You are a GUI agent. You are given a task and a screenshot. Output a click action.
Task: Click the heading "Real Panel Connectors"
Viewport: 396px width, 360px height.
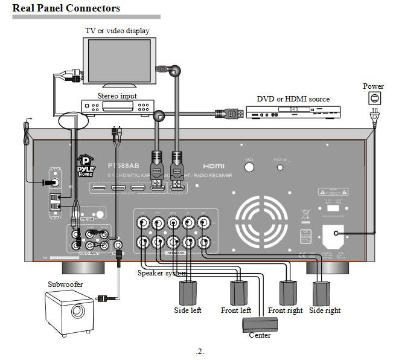point(66,8)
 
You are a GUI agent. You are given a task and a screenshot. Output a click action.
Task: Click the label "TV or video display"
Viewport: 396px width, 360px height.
point(117,31)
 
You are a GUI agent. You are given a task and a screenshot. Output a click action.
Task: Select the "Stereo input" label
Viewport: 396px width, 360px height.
point(117,96)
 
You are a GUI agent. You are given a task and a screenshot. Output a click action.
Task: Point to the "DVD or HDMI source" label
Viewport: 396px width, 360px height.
point(293,99)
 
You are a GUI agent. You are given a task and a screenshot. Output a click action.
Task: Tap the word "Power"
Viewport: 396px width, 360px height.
point(373,86)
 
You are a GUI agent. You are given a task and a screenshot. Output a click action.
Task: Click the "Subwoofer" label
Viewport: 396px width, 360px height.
point(66,284)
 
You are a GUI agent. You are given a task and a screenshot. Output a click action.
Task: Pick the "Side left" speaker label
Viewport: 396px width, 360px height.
point(187,310)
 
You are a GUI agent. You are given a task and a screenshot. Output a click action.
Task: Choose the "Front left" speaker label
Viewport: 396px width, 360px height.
point(236,310)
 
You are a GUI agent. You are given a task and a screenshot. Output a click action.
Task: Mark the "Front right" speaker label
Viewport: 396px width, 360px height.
point(286,310)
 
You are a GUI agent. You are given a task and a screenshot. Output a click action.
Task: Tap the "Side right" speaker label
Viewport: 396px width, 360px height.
point(325,310)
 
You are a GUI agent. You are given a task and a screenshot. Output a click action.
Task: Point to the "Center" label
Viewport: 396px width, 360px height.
point(260,335)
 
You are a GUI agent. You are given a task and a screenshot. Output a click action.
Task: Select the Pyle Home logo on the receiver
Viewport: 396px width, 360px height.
point(86,166)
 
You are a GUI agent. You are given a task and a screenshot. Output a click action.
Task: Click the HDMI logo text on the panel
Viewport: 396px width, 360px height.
point(214,165)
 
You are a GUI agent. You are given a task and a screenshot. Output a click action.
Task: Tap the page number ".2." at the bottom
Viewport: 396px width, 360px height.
point(200,352)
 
